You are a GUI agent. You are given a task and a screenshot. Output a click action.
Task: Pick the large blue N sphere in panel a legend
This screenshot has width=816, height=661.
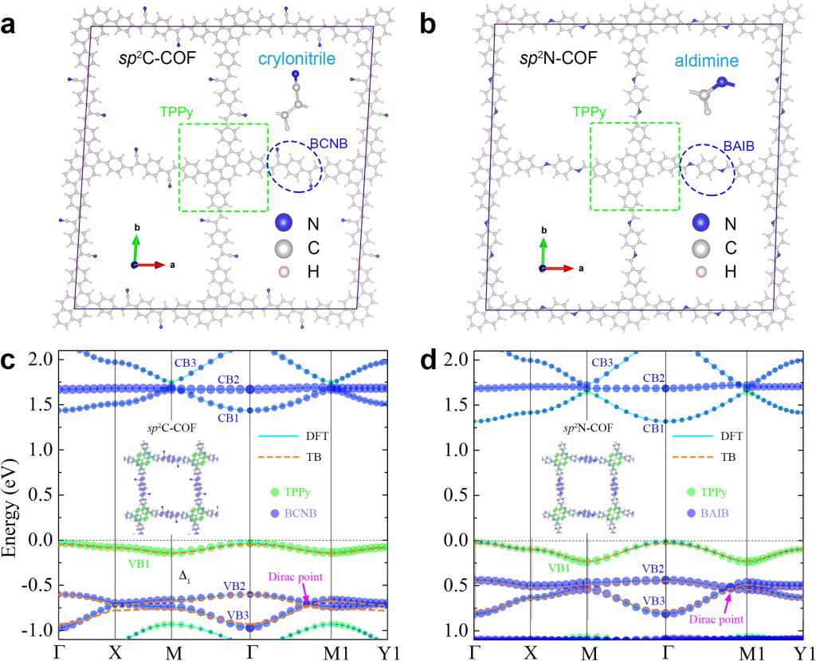(280, 224)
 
